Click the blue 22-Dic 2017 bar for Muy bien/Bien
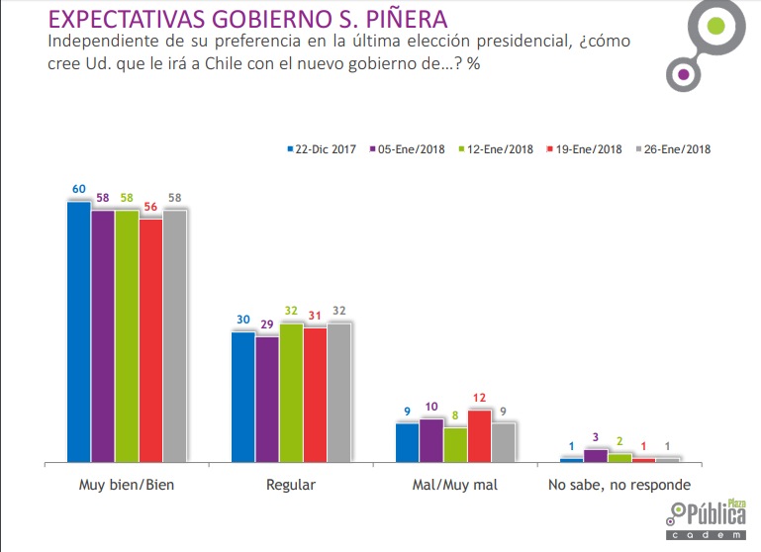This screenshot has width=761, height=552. [x=78, y=331]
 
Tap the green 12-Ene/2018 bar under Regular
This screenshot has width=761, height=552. [x=290, y=393]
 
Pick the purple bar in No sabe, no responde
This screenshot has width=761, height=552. [x=596, y=455]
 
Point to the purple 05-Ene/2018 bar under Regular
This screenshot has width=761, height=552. [x=266, y=399]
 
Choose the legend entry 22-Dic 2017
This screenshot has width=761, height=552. [x=322, y=149]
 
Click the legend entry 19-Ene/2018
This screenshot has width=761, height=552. [x=585, y=149]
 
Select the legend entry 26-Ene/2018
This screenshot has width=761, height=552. [x=674, y=149]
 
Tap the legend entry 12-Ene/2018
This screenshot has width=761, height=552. [x=497, y=149]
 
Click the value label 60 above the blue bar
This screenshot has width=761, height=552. [x=78, y=189]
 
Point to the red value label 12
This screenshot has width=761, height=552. [x=480, y=398]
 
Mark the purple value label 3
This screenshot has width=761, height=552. [x=596, y=437]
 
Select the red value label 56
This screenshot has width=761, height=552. [x=150, y=207]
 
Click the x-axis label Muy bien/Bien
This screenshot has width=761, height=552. [x=126, y=486]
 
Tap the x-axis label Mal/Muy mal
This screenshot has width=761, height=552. [x=455, y=486]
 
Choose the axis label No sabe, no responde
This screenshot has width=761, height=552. [x=619, y=486]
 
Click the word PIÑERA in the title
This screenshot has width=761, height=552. [x=395, y=19]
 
